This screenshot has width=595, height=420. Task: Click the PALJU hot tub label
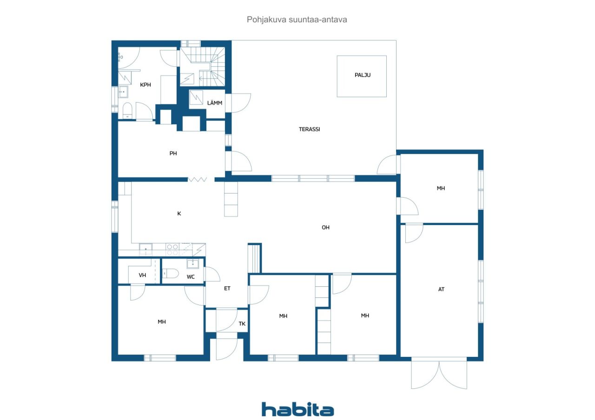pos(362,75)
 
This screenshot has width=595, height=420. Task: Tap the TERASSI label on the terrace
pos(309,129)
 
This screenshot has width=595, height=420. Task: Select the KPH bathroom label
pos(145,85)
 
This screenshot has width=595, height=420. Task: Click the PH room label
pos(173,154)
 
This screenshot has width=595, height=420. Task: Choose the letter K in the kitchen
pos(179,214)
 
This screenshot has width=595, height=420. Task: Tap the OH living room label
pos(325,227)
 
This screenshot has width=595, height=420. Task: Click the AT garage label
pos(441,289)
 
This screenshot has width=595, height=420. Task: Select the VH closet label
pos(142,275)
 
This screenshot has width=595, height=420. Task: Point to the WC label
pos(191,277)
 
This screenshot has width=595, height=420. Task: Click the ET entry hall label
pos(227,288)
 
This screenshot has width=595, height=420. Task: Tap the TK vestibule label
pos(242,324)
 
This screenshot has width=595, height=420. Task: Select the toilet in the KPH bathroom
pos(127,110)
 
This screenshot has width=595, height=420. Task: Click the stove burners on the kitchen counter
pos(173,249)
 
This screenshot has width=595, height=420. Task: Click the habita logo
pos(297,409)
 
